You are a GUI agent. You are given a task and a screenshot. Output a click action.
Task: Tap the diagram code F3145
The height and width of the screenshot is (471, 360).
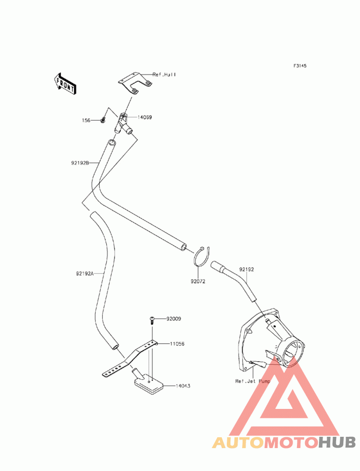300,66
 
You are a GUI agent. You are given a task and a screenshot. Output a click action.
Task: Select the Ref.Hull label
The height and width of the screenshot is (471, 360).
164,75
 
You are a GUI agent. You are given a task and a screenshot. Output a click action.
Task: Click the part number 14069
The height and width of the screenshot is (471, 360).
144,117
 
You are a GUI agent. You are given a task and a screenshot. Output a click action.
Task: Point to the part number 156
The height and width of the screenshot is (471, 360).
86,120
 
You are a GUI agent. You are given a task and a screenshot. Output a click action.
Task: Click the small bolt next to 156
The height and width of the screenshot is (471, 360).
103,120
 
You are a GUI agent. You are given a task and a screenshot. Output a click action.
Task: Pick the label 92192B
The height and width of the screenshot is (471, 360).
80,163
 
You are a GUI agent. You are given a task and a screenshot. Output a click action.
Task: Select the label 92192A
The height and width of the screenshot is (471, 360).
85,274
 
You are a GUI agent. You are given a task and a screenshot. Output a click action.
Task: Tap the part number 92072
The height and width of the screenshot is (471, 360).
198,282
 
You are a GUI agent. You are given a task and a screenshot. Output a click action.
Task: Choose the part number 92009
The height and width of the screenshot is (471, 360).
174,318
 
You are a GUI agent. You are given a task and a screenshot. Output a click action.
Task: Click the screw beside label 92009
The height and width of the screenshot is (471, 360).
152,320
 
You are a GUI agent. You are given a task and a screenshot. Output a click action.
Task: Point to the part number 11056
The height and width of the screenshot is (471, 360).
177,344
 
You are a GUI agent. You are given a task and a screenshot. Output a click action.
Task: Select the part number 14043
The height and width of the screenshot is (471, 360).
183,386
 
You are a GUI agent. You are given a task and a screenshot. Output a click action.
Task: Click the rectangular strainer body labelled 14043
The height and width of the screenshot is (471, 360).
148,383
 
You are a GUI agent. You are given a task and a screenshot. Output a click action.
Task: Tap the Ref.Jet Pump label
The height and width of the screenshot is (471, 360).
252,381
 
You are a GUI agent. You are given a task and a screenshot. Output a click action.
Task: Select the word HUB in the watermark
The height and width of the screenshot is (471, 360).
337,443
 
